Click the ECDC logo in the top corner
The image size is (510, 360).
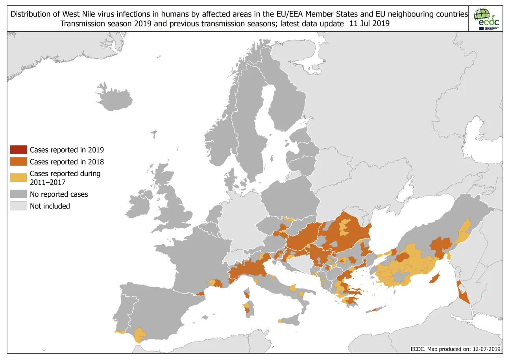point(486,19)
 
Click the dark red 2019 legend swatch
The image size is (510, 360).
point(18,150)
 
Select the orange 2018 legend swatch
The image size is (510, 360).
point(18,162)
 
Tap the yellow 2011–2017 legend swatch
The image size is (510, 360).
point(18,177)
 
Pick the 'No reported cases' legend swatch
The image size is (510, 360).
point(18,194)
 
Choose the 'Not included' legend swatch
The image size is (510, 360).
point(18,206)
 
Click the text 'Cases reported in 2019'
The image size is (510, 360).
point(67,150)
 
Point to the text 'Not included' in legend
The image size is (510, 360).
point(50,206)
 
